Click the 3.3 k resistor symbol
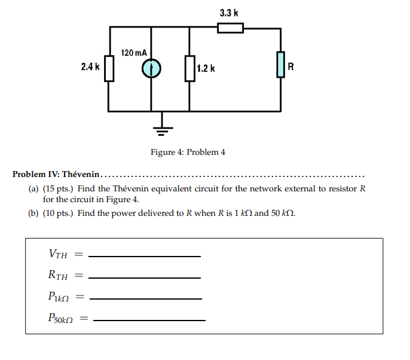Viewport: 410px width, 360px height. click(230, 28)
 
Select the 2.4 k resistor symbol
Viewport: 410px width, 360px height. click(109, 68)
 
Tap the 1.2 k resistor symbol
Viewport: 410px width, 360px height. click(189, 68)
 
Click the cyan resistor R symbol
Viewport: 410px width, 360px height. click(280, 65)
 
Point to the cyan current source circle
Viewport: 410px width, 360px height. click(151, 69)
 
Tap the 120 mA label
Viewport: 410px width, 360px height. click(134, 53)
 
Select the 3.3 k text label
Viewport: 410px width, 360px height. click(230, 13)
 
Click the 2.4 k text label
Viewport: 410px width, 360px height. click(90, 67)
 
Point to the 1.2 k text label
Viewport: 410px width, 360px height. click(206, 69)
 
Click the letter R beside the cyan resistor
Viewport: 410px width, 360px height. click(291, 66)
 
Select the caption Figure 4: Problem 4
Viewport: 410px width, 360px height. click(188, 152)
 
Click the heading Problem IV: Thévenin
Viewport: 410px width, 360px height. click(56, 175)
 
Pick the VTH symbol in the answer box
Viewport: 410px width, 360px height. click(57, 254)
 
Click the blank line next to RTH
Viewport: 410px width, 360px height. click(144, 277)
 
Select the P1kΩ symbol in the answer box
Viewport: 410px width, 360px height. click(59, 297)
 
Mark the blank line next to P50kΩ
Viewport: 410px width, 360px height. click(149, 320)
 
